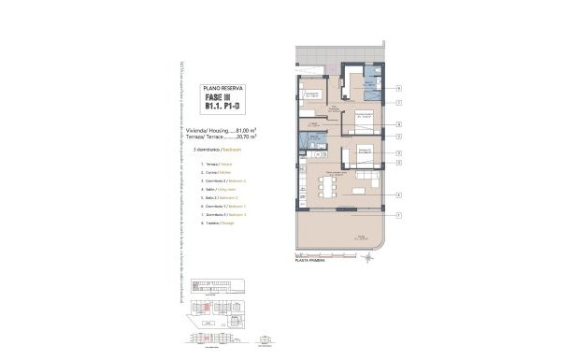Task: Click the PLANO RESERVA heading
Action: [x=222, y=87]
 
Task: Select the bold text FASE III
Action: [x=222, y=98]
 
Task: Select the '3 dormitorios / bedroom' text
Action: [x=214, y=150]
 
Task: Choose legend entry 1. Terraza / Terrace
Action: [x=214, y=166]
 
